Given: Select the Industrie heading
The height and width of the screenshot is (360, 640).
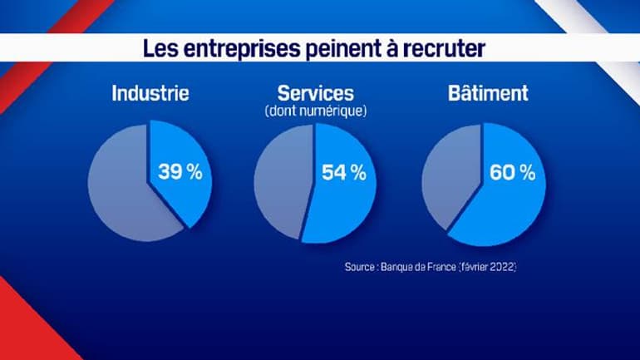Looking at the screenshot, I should click(x=150, y=93).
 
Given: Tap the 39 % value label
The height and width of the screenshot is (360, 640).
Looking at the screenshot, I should click(x=180, y=173).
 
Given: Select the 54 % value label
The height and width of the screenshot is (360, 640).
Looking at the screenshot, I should click(x=343, y=173).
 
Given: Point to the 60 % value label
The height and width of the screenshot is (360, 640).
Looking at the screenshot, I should click(x=513, y=173).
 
